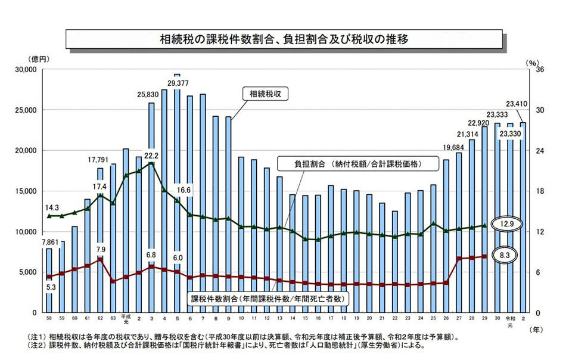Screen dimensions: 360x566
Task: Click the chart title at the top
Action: point(284,41)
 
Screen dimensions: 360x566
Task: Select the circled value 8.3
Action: point(504,255)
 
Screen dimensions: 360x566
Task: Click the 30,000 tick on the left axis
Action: point(24,70)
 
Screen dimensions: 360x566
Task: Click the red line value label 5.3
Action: point(51,287)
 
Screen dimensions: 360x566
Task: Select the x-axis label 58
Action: point(48,319)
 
